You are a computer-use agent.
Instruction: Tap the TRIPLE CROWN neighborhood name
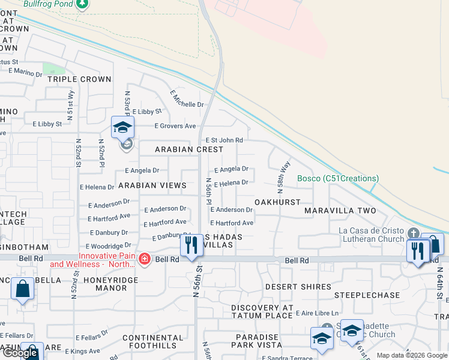tap(79, 79)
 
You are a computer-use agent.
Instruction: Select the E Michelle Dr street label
tap(187, 99)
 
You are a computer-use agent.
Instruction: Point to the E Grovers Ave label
tap(175, 126)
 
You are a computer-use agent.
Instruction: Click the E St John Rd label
tap(224, 140)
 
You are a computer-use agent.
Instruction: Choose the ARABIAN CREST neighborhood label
tap(189, 149)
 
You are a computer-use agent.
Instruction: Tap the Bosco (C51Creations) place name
tap(338, 178)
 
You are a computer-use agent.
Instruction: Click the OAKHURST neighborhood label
tap(277, 202)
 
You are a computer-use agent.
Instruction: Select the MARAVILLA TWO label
tap(340, 211)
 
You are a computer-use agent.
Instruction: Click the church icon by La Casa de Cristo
tap(412, 233)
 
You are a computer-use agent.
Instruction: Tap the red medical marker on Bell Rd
tap(145, 259)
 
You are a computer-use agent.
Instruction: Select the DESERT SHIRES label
tap(298, 287)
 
